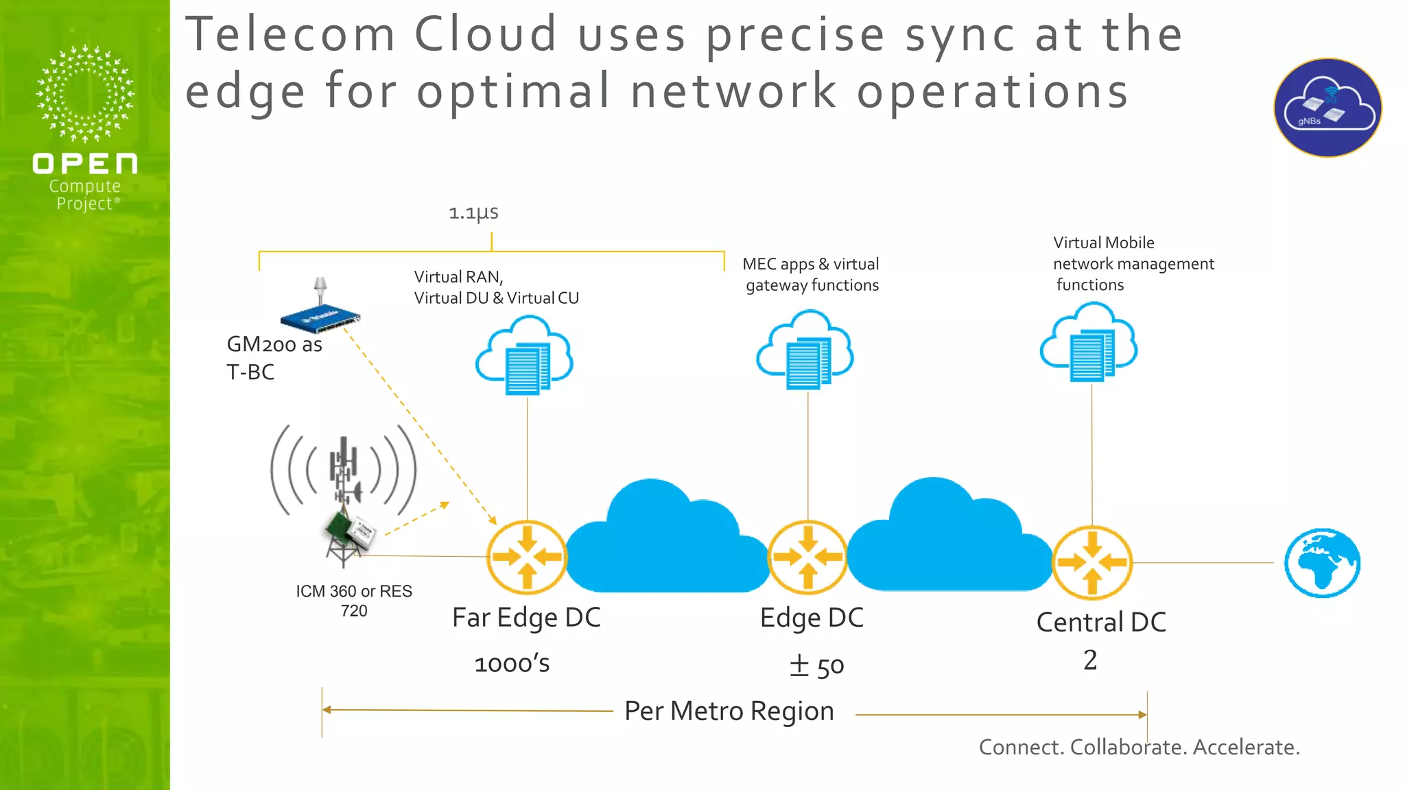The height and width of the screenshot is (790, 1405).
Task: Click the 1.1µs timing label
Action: click(x=473, y=213)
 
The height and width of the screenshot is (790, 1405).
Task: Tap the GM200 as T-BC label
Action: click(x=274, y=357)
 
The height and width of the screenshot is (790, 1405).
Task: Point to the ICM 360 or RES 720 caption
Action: click(x=354, y=601)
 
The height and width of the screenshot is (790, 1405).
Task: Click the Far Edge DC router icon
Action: click(x=527, y=557)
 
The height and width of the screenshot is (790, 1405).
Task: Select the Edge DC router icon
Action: click(x=808, y=557)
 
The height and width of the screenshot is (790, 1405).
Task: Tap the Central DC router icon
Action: click(x=1092, y=562)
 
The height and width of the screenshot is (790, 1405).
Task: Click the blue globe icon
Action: click(x=1322, y=563)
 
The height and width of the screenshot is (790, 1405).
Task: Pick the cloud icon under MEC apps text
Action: click(x=805, y=349)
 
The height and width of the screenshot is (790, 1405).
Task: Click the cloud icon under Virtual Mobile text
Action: click(x=1089, y=342)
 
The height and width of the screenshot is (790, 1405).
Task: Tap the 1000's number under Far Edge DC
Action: click(x=512, y=664)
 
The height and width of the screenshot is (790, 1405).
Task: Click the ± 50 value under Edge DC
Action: click(x=816, y=665)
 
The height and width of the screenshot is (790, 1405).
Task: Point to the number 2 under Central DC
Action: click(x=1090, y=660)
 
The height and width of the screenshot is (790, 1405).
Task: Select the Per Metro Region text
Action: click(x=729, y=711)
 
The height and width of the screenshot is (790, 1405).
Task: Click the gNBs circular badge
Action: click(x=1328, y=108)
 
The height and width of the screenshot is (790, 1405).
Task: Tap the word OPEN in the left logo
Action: click(x=85, y=164)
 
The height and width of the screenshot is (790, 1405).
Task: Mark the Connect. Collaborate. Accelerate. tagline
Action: click(x=1139, y=747)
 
